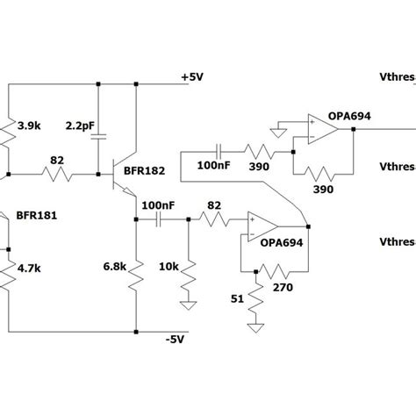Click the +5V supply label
(191, 76)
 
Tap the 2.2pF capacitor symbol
(98, 136)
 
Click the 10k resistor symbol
(188, 280)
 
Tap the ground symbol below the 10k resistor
(188, 308)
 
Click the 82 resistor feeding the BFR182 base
(58, 175)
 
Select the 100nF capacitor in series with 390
(220, 150)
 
